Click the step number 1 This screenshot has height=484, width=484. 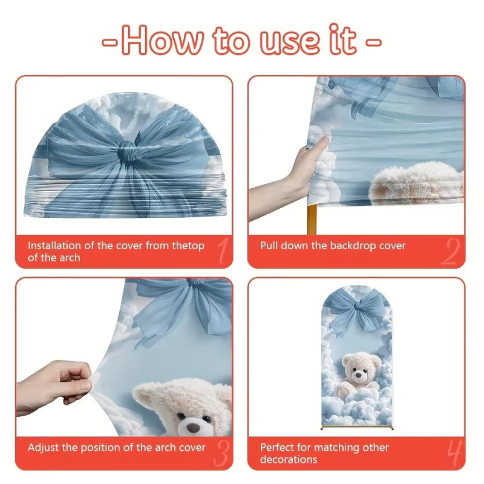(223, 250)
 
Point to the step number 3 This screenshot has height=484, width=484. (222, 453)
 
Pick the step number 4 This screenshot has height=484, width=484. (455, 453)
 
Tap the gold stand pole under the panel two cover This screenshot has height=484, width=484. (312, 219)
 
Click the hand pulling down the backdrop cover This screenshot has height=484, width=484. (296, 173)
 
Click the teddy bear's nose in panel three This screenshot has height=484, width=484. (194, 428)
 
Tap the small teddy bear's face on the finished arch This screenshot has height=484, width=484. (358, 371)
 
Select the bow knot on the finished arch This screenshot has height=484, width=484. (357, 306)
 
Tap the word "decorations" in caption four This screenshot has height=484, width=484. (289, 460)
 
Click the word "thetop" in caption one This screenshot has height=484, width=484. (188, 246)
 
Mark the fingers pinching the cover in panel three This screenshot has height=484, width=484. (77, 383)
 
